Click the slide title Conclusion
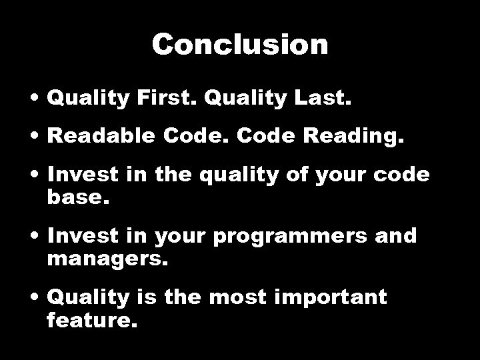pos(240,45)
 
